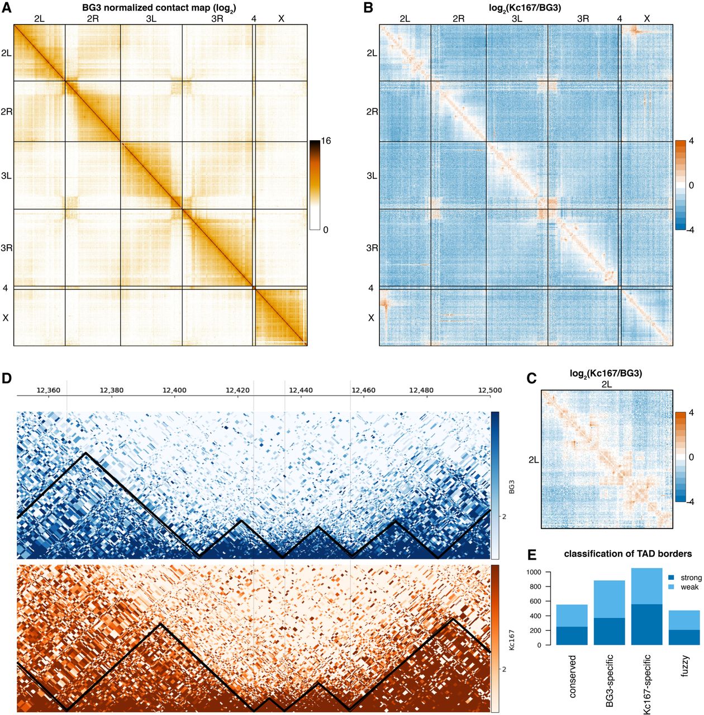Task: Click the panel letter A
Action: (6, 8)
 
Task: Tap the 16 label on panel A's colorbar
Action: (326, 141)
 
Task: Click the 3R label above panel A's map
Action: (217, 19)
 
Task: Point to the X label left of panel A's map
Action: (6, 317)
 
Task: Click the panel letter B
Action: (368, 8)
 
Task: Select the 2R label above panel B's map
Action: (458, 19)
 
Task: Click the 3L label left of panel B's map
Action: (372, 176)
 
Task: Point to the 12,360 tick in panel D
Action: (48, 390)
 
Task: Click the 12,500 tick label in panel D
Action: (491, 390)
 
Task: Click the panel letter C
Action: (532, 379)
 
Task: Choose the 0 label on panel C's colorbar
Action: (691, 457)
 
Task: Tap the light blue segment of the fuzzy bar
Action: (684, 620)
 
